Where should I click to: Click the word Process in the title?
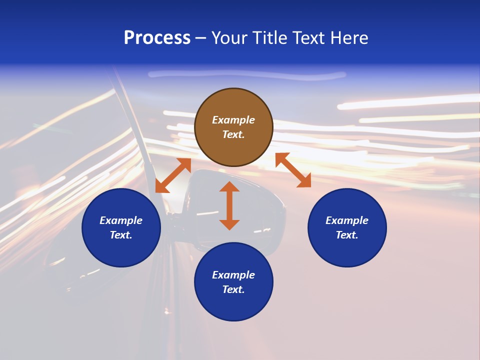click(157, 38)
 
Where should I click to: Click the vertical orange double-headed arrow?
click(229, 205)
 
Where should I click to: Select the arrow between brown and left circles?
click(173, 175)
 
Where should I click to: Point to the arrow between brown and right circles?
click(293, 170)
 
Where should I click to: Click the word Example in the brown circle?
click(233, 120)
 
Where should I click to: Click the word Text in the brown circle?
click(233, 134)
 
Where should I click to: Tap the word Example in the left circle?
click(121, 220)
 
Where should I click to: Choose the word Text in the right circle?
click(347, 235)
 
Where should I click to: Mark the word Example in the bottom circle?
click(233, 275)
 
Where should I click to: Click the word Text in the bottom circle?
click(233, 289)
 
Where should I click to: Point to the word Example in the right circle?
click(347, 220)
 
